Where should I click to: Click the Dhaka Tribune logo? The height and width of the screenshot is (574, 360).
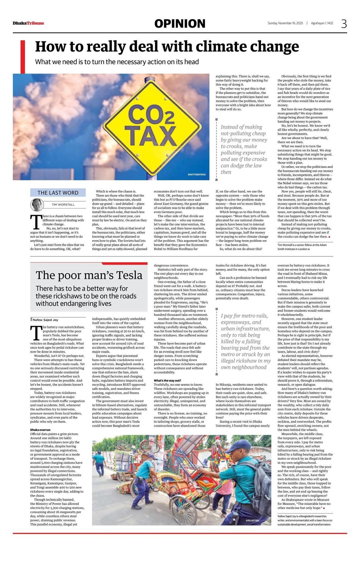tap(28, 23)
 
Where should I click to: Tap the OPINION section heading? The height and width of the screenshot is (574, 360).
tap(180, 24)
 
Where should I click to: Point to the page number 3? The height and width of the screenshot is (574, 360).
tap(344, 24)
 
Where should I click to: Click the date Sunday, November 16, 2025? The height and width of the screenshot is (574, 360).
tap(285, 23)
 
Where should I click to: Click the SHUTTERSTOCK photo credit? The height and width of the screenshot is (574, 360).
tap(197, 175)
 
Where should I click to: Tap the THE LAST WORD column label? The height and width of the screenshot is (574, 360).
tap(58, 193)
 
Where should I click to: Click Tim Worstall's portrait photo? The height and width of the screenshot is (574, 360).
tap(37, 205)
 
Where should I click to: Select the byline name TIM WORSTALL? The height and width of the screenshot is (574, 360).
tap(63, 205)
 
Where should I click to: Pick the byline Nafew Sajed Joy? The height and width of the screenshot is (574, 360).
tap(46, 320)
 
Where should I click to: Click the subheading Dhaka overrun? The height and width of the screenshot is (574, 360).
tap(40, 430)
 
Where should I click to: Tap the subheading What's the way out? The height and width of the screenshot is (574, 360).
tap(168, 380)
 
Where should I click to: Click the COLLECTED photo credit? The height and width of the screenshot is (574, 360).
tap(252, 520)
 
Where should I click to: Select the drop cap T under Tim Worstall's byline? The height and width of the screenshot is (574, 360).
tap(35, 222)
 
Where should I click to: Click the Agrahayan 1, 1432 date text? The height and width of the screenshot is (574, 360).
tap(322, 23)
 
